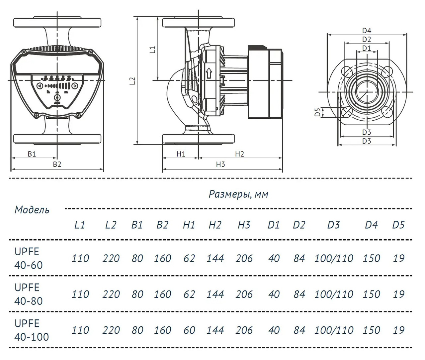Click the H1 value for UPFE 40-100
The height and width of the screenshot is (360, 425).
click(x=189, y=330)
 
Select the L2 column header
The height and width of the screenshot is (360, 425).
click(x=111, y=225)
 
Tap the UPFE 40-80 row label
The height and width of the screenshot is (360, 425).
click(x=29, y=294)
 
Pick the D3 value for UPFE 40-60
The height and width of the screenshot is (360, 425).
click(x=334, y=258)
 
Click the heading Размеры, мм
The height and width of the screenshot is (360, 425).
click(x=238, y=194)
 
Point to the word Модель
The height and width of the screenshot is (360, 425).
click(x=32, y=210)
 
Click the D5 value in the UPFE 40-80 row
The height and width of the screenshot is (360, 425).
click(x=398, y=294)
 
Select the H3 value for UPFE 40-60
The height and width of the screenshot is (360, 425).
click(x=244, y=258)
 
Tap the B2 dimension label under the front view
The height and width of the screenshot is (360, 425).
click(x=57, y=164)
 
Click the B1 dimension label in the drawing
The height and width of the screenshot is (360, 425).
click(x=32, y=154)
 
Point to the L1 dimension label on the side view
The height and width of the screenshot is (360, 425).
click(x=152, y=50)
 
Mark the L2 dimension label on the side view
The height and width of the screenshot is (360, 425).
click(x=132, y=81)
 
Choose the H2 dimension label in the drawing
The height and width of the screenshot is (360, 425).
click(x=239, y=154)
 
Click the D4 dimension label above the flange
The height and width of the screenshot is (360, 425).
click(x=367, y=31)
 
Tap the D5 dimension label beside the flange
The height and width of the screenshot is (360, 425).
click(x=318, y=112)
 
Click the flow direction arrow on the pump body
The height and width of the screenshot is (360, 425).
click(x=209, y=73)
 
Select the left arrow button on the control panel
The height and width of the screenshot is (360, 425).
click(x=39, y=86)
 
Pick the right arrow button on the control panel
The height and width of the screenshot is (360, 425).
click(x=75, y=86)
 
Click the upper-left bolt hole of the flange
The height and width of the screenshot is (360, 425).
click(x=347, y=71)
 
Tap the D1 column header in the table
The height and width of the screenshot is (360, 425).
click(x=274, y=225)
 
